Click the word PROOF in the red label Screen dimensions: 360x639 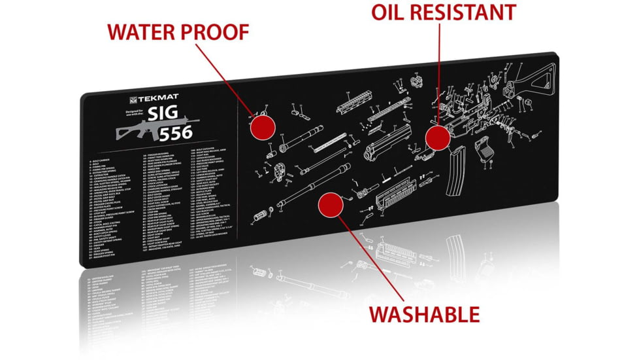pyautogui.click(x=216, y=31)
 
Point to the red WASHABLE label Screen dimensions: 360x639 pyautogui.click(x=424, y=314)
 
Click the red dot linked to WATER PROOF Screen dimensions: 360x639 pyautogui.click(x=262, y=126)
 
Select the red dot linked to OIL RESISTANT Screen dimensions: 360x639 pyautogui.click(x=438, y=138)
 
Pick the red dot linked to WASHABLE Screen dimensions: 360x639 pyautogui.click(x=331, y=206)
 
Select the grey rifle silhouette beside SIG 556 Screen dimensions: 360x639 pyautogui.click(x=138, y=128)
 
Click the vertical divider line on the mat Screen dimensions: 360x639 pyautogui.click(x=237, y=177)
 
